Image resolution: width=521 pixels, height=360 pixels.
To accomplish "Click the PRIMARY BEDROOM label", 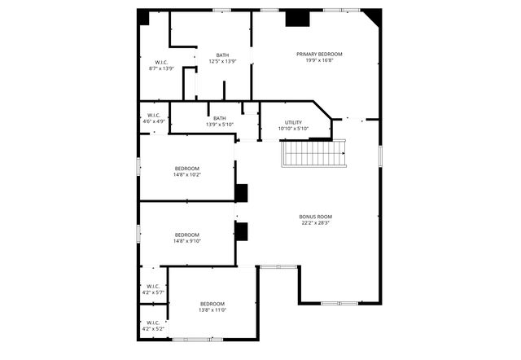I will (318, 54).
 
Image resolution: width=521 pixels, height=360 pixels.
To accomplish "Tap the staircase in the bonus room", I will (314, 153).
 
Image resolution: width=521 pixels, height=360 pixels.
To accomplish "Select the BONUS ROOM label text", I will (315, 216).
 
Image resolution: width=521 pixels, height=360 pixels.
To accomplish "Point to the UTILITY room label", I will (293, 121).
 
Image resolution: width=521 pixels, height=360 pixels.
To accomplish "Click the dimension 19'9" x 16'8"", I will (318, 60).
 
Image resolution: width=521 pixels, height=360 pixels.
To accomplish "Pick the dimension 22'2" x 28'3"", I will (315, 222).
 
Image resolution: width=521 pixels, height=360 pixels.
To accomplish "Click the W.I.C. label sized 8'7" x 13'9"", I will (161, 62).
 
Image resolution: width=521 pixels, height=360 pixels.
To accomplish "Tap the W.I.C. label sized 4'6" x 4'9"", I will (155, 115).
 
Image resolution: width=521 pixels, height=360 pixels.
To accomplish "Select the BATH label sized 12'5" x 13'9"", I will (222, 55).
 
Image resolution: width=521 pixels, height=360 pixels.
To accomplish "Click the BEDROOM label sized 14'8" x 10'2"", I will (186, 168).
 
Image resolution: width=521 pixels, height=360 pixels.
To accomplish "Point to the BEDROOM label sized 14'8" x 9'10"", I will (186, 234).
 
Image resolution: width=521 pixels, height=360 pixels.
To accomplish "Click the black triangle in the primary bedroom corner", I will (374, 15).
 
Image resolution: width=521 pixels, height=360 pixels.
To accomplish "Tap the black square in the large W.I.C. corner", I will (143, 16).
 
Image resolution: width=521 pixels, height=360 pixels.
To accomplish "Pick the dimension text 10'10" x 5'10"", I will (293, 128).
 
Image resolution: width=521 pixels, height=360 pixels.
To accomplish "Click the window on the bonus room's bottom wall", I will (339, 303).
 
